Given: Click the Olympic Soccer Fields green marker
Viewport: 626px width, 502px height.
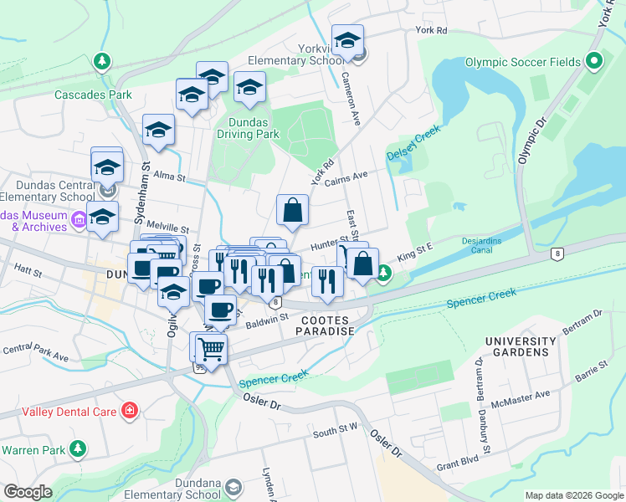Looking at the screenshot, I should tap(594, 62).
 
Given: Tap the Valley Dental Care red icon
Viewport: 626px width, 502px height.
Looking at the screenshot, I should tap(130, 410).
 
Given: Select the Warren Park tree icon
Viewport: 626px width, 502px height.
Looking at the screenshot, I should tap(78, 449).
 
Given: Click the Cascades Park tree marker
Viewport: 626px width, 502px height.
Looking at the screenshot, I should tap(101, 62).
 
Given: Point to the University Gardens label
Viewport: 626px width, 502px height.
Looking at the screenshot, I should tap(520, 347).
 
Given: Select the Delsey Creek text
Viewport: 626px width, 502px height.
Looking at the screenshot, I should tap(413, 144).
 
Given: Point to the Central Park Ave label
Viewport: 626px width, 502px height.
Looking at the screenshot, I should tap(35, 353).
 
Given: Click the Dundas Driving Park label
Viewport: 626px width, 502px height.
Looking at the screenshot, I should tap(248, 127).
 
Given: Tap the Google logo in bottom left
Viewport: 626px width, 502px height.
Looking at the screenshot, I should tap(28, 492).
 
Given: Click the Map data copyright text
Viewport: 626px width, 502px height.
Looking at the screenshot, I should tap(573, 495).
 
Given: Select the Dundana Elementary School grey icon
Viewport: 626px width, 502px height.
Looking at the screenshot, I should tap(235, 487).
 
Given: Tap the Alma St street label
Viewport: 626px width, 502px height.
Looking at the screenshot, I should tap(167, 177).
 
